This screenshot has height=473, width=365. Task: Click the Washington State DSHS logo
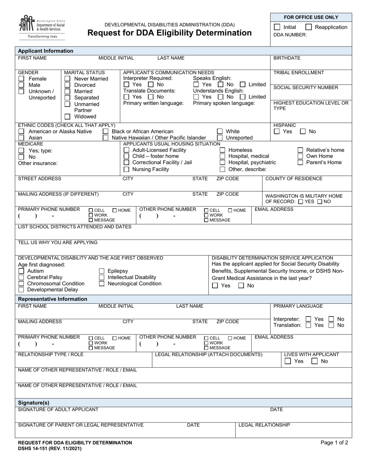[x=41, y=27]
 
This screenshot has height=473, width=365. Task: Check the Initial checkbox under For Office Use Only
[x=277, y=27]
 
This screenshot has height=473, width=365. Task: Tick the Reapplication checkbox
[x=308, y=27]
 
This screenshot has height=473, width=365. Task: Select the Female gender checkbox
[x=22, y=79]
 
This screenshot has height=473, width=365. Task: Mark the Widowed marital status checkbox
[x=67, y=117]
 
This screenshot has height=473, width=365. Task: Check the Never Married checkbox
[x=67, y=79]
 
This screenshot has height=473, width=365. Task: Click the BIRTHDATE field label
[x=287, y=58]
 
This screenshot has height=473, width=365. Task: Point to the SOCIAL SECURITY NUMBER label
[x=305, y=87]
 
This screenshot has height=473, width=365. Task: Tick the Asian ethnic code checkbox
[x=22, y=138]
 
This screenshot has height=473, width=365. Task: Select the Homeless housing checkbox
[x=222, y=150]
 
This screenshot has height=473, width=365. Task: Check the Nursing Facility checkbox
[x=126, y=169]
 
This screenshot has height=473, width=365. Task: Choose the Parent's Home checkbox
[x=300, y=162]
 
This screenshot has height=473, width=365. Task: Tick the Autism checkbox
[x=22, y=271]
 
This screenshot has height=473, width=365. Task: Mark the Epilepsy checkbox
[x=102, y=271]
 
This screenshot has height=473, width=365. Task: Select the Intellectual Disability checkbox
[x=102, y=277]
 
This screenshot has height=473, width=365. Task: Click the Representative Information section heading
[x=53, y=299]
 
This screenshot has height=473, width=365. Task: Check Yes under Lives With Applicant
[x=288, y=361]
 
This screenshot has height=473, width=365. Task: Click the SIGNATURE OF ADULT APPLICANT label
[x=58, y=410]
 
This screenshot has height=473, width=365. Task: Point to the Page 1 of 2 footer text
[x=334, y=443]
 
